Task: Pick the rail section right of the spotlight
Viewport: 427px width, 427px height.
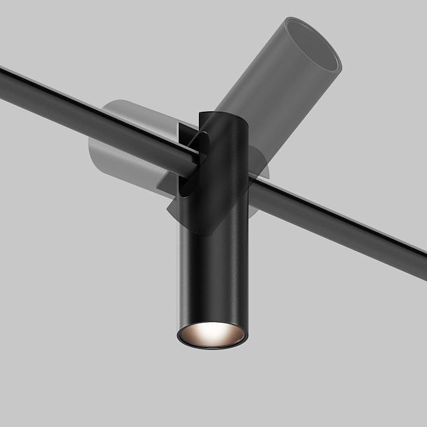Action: tap(335, 226)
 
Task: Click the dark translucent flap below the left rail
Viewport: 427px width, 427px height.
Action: tap(183, 201)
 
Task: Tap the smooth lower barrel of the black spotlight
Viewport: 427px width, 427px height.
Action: tap(213, 274)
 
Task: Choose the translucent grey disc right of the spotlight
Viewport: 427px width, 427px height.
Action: tap(261, 165)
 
